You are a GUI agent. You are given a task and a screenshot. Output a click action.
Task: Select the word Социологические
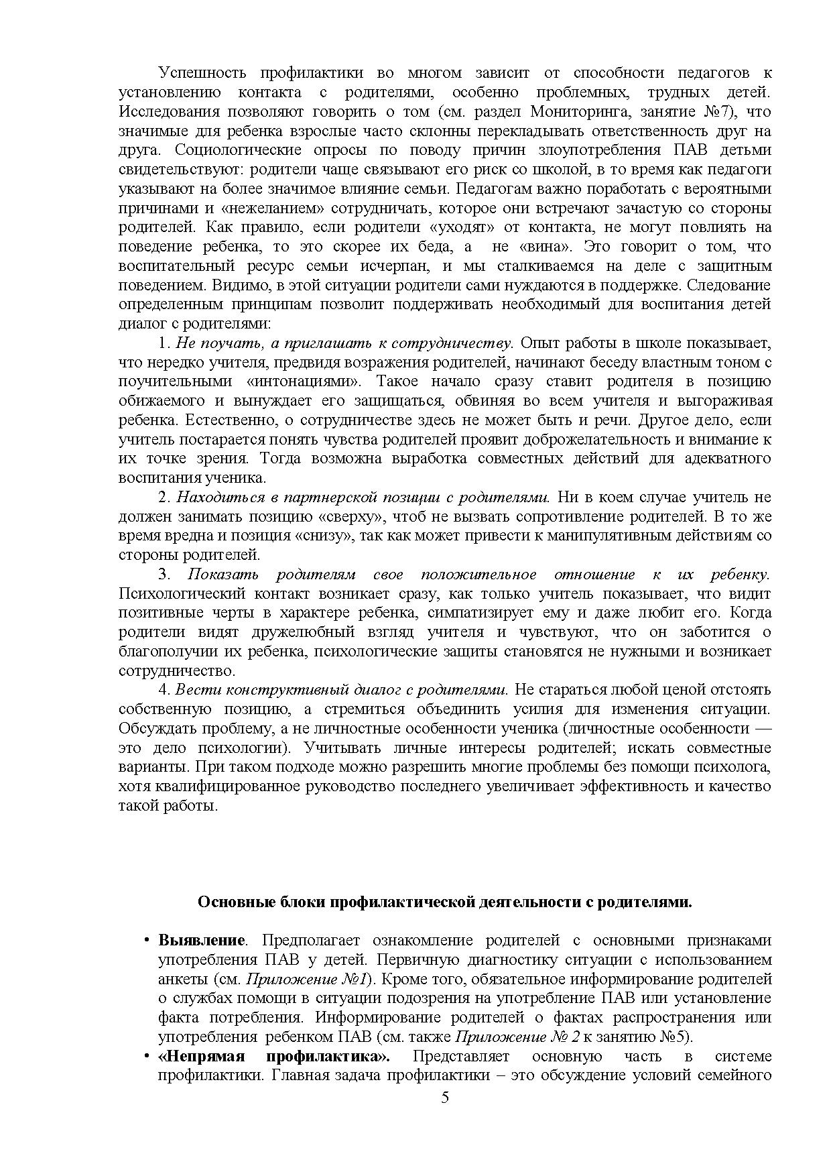click(239, 150)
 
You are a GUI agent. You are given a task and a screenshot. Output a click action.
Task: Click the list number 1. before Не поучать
click(164, 343)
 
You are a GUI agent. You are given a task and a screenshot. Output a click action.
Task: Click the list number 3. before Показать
click(165, 575)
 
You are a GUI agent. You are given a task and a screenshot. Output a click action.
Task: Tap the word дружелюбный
click(346, 632)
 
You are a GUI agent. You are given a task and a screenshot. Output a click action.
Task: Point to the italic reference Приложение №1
click(328, 980)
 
